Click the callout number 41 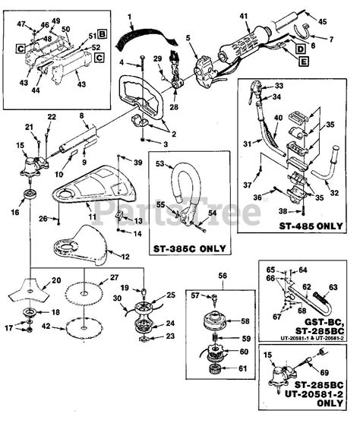(244, 16)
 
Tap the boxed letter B (102, 35)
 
